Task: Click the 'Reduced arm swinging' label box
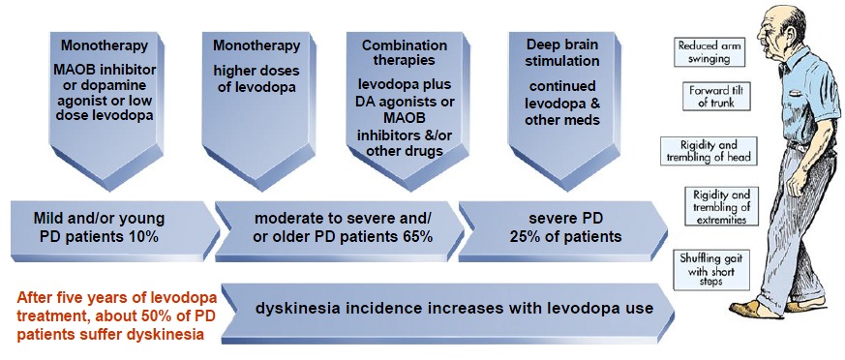coord(709,52)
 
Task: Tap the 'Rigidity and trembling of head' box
coord(709,151)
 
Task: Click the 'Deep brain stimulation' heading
coord(555,52)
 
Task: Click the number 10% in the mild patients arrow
coord(142,236)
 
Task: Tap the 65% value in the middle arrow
coord(416,236)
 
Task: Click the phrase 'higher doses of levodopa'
coord(257,78)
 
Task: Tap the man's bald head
coord(784,18)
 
